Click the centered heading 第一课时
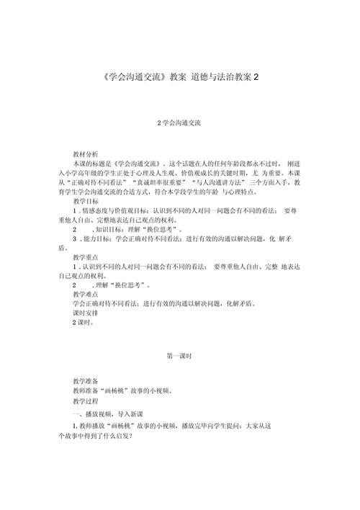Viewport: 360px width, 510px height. coord(179,357)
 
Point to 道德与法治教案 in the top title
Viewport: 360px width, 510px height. coord(222,76)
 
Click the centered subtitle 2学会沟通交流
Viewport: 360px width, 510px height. coord(179,123)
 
